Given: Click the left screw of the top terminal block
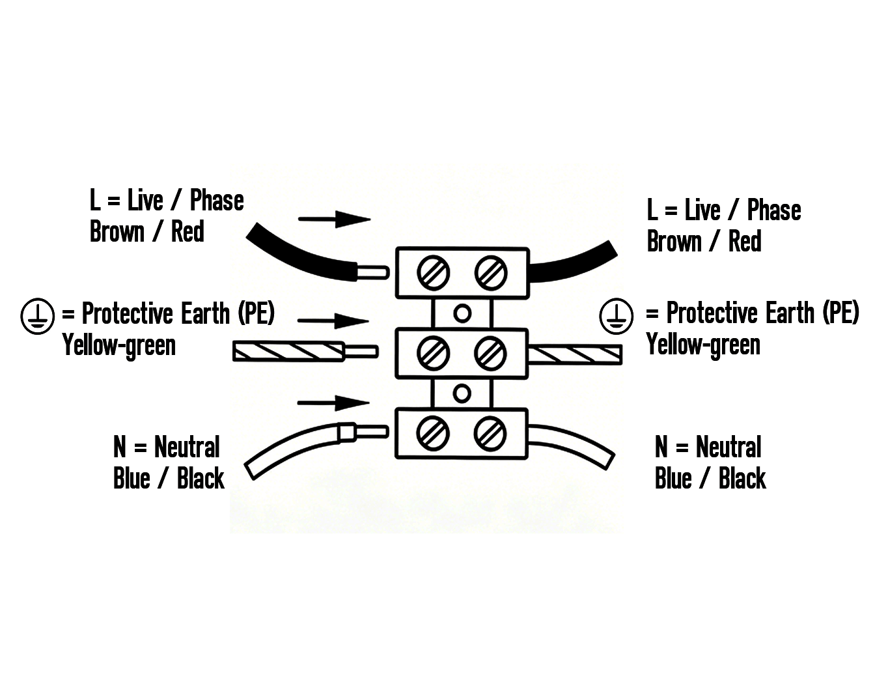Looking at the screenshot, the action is [x=434, y=273].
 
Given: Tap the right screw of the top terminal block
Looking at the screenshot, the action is [x=491, y=273].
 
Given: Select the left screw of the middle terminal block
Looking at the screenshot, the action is [x=433, y=353].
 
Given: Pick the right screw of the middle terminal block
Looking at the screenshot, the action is [x=490, y=353].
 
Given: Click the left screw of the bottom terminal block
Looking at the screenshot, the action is [x=433, y=433].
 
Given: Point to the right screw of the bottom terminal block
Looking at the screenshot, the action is [x=490, y=433].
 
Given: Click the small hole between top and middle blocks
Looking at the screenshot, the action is [x=462, y=313].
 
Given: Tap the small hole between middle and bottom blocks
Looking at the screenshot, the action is [x=462, y=393].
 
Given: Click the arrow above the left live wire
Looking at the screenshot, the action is [x=334, y=219].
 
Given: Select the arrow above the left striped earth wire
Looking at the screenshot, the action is [x=333, y=320].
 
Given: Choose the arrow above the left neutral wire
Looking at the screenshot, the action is [x=333, y=403].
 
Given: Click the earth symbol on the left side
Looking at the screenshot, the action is [x=37, y=316].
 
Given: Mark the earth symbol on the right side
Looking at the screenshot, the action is [x=617, y=316].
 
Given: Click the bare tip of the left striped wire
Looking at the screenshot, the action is [x=361, y=352].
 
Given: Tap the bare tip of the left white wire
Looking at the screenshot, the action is [x=372, y=431].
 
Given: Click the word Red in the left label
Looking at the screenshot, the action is [x=187, y=231].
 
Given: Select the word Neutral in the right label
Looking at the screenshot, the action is [x=729, y=447].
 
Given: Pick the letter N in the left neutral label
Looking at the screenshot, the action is [x=120, y=447].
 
